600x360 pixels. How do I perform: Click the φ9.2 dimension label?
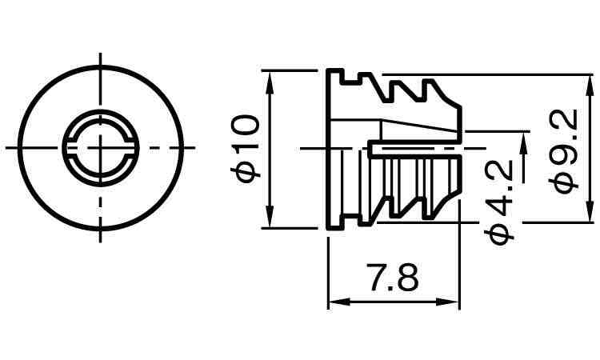pos(566,150)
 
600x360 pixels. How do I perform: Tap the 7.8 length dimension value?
pos(392,279)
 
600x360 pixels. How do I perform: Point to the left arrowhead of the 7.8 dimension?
pos(334,302)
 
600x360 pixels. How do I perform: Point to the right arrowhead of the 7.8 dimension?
pos(454,302)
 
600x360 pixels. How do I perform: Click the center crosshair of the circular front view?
pos(101,147)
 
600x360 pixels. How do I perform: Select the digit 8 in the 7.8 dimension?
pos(407,279)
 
